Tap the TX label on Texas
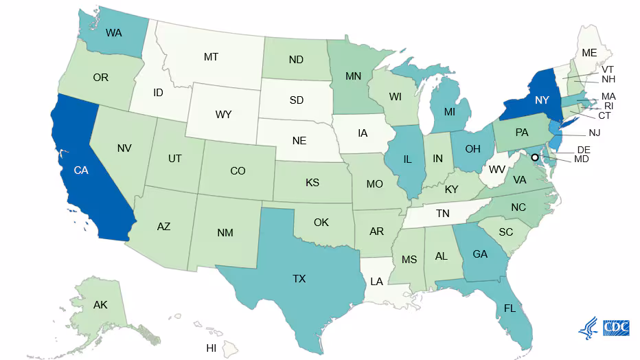[x=299, y=279]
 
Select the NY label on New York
[x=542, y=100]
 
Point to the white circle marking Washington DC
[x=535, y=157]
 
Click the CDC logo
[x=616, y=328]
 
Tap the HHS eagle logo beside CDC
[x=588, y=328]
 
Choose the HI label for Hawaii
[x=212, y=348]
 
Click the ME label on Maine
[x=589, y=52]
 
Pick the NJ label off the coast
[x=595, y=133]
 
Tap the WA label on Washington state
[x=114, y=32]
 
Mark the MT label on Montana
[x=211, y=57]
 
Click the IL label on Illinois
[x=407, y=159]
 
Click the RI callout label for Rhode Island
[x=608, y=106]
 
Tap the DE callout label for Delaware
[x=584, y=150]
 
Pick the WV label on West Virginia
[x=497, y=169]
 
